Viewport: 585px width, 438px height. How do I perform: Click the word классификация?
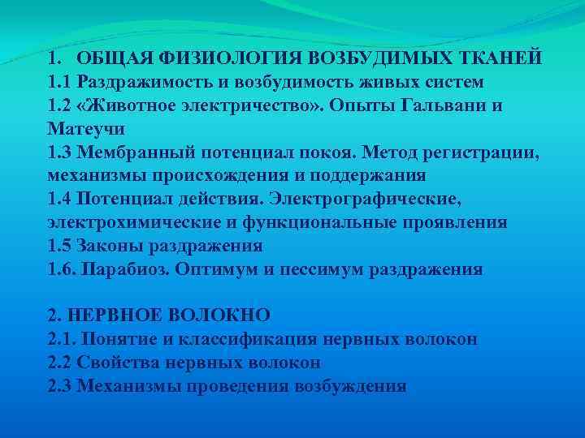pos(241,339)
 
